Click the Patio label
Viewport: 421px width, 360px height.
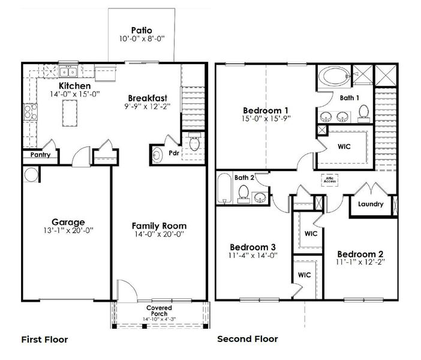(142, 30)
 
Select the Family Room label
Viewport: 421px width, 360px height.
(159, 226)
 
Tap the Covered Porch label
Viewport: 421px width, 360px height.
(159, 310)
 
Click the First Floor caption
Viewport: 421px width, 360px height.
(45, 340)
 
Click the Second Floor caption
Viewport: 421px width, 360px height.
(247, 339)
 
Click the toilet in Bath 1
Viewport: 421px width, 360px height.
(363, 112)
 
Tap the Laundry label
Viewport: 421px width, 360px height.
(371, 204)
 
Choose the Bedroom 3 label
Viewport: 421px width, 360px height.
(253, 247)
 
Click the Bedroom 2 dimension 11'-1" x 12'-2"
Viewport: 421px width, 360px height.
(360, 262)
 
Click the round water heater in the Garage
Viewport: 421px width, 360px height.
(31, 175)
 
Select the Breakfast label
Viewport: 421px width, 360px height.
(148, 98)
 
